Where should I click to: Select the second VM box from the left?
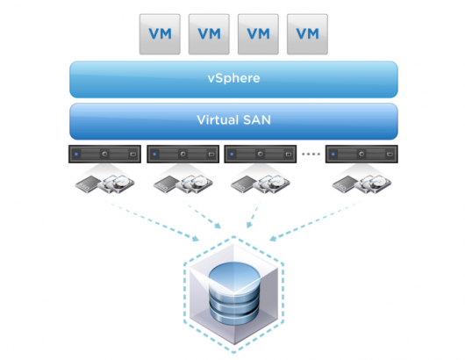[x=209, y=33]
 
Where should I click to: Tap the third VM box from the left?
[x=258, y=33]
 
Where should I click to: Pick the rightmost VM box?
[x=306, y=33]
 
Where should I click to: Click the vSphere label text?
[x=233, y=78]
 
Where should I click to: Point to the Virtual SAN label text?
[x=233, y=119]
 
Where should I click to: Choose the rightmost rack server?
[x=360, y=154]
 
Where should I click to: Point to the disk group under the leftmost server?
[x=106, y=184]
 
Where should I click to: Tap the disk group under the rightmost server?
[x=360, y=184]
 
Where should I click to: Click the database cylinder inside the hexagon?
[x=233, y=294]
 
